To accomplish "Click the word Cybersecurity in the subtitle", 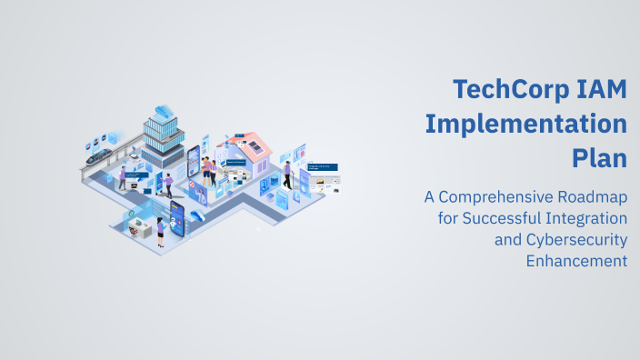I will point(575,240).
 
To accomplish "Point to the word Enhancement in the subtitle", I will point(577,262).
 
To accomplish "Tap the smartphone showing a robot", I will point(176,218).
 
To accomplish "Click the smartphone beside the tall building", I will point(194,163).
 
